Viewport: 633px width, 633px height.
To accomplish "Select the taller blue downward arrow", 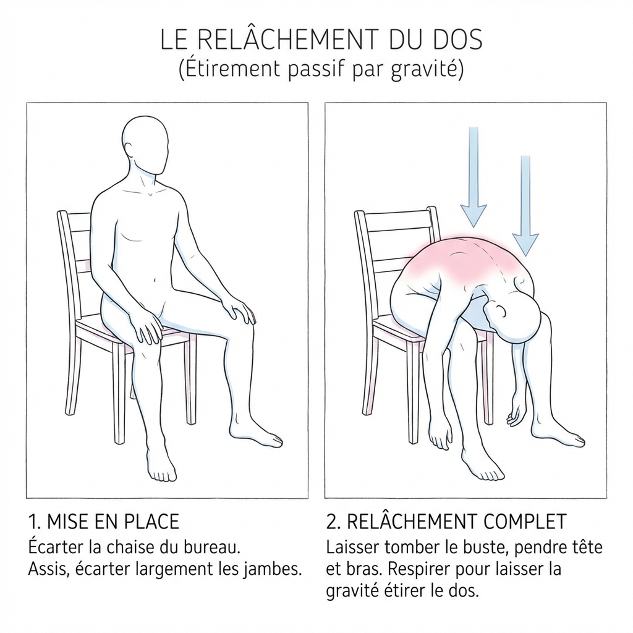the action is coord(474,177).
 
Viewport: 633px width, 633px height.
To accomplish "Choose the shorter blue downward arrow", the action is coord(525,205).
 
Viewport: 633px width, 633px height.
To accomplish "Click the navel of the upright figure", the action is coord(153,279).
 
